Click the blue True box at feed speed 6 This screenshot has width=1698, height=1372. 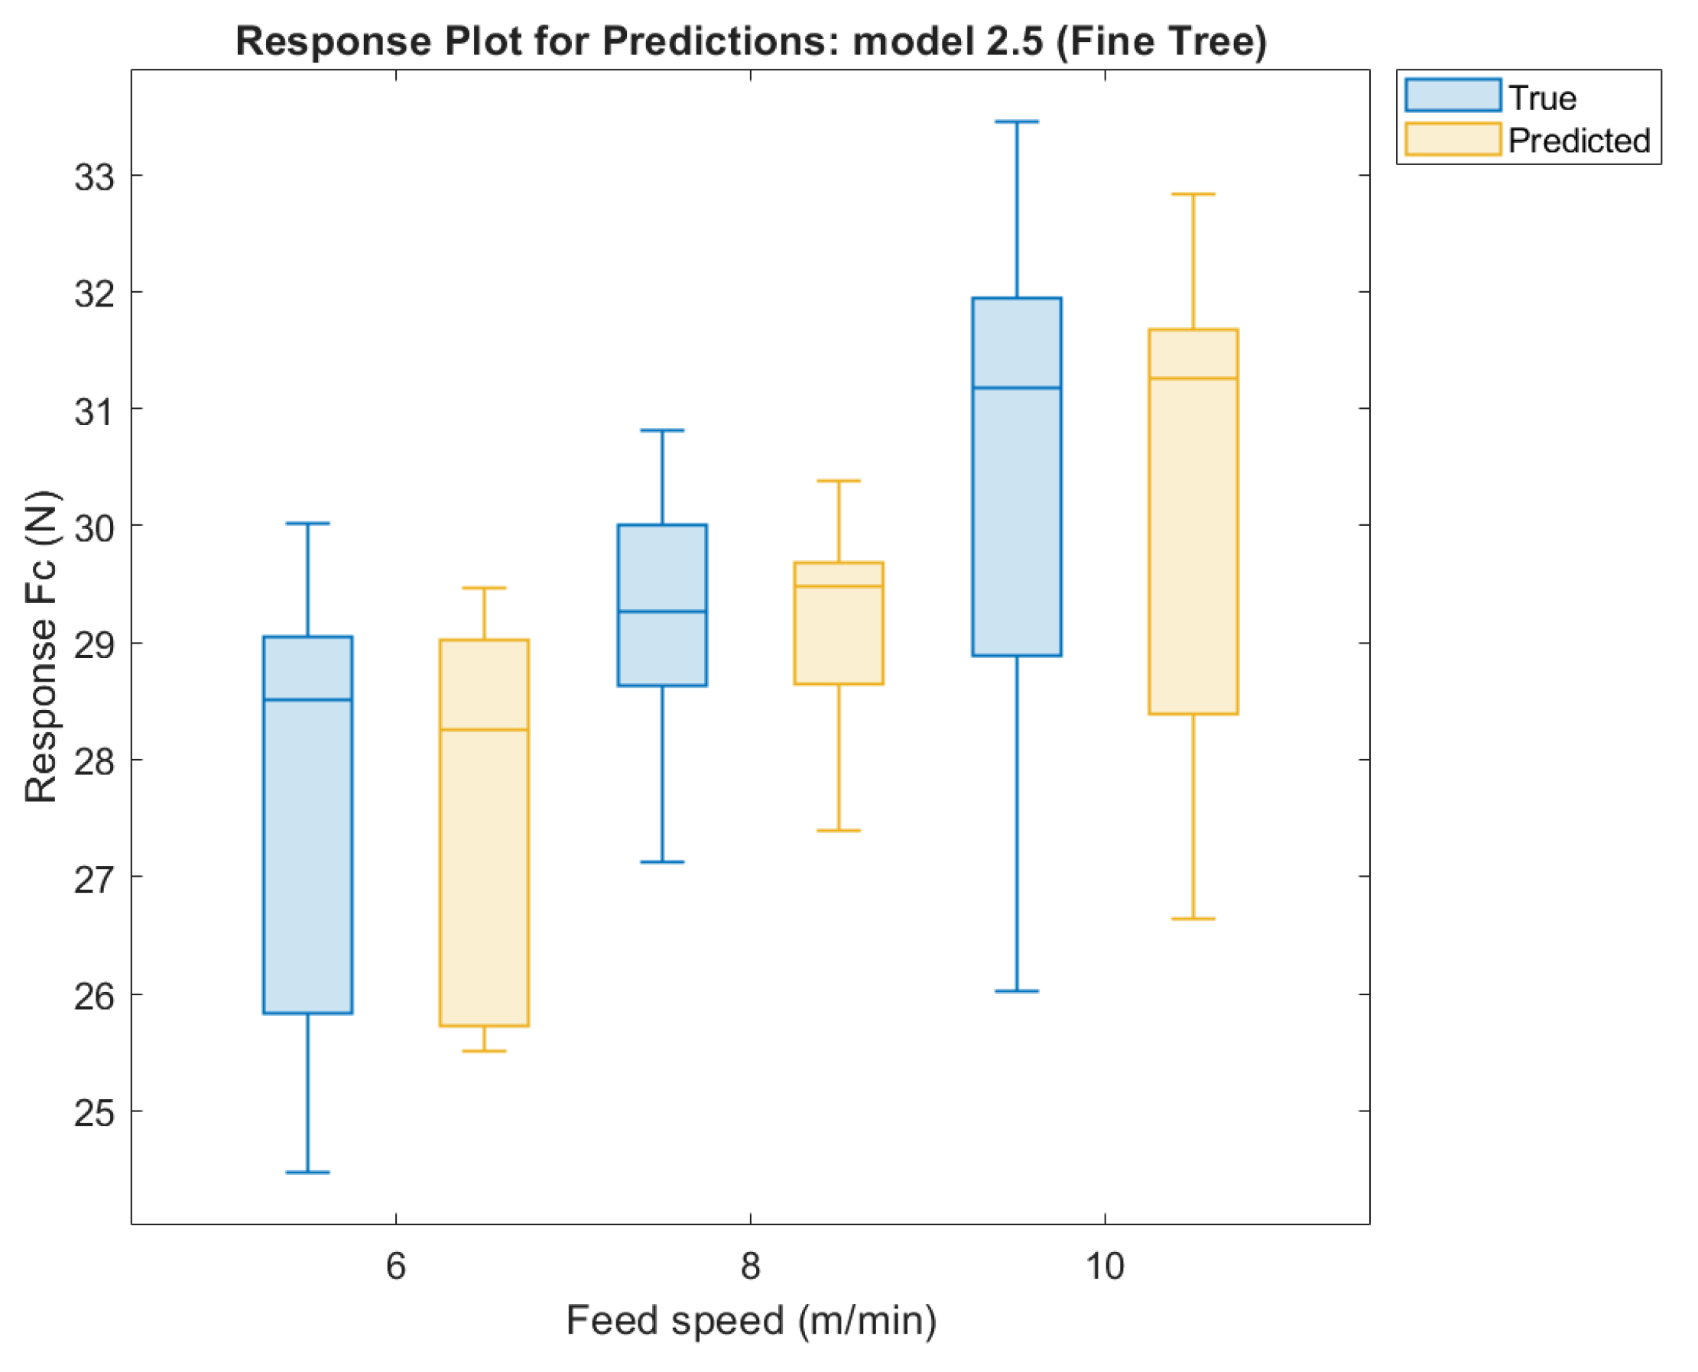pyautogui.click(x=307, y=824)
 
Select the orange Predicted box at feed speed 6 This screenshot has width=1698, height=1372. pyautogui.click(x=484, y=832)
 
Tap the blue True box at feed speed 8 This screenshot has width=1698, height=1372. pyautogui.click(x=661, y=605)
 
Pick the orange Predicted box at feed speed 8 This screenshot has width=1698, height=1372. pyautogui.click(x=838, y=623)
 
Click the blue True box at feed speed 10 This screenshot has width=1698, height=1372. pyautogui.click(x=1016, y=476)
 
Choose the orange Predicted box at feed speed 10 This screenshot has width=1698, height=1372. pyautogui.click(x=1192, y=521)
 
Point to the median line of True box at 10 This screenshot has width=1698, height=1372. pyautogui.click(x=1016, y=388)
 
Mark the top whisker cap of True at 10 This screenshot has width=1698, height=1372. pyautogui.click(x=1016, y=122)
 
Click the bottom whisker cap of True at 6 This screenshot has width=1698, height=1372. pyautogui.click(x=307, y=1172)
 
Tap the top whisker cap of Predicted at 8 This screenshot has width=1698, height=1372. pyautogui.click(x=838, y=481)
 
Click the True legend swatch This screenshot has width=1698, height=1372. pyautogui.click(x=1452, y=96)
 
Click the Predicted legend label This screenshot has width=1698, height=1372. pyautogui.click(x=1578, y=141)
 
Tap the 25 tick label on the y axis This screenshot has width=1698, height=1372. pyautogui.click(x=95, y=1113)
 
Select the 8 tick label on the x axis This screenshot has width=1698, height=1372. pyautogui.click(x=749, y=1267)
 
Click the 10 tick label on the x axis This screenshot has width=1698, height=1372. pyautogui.click(x=1103, y=1267)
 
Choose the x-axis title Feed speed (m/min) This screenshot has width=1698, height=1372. pyautogui.click(x=751, y=1321)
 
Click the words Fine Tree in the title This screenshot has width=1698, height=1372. pyautogui.click(x=1162, y=41)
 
